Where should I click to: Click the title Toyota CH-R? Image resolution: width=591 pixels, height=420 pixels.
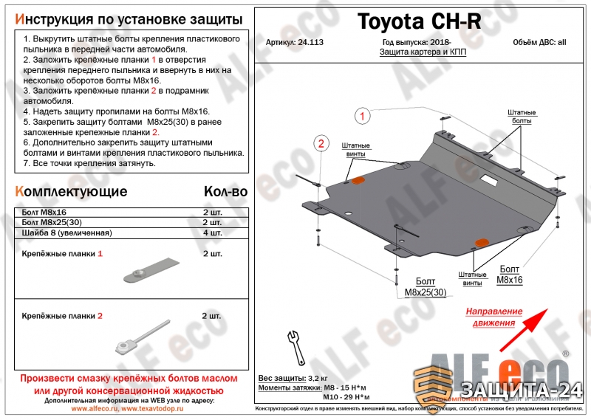(x=419, y=23)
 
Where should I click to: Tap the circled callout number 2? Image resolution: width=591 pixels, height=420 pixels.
(x=321, y=143)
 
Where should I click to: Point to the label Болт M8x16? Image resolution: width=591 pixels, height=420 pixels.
(x=509, y=275)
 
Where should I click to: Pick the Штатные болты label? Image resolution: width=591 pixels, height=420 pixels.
(x=521, y=115)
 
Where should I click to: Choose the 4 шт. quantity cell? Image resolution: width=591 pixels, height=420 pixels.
(x=212, y=233)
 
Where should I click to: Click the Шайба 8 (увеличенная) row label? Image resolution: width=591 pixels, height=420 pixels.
(x=66, y=233)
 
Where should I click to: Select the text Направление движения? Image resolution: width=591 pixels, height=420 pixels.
(x=493, y=317)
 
